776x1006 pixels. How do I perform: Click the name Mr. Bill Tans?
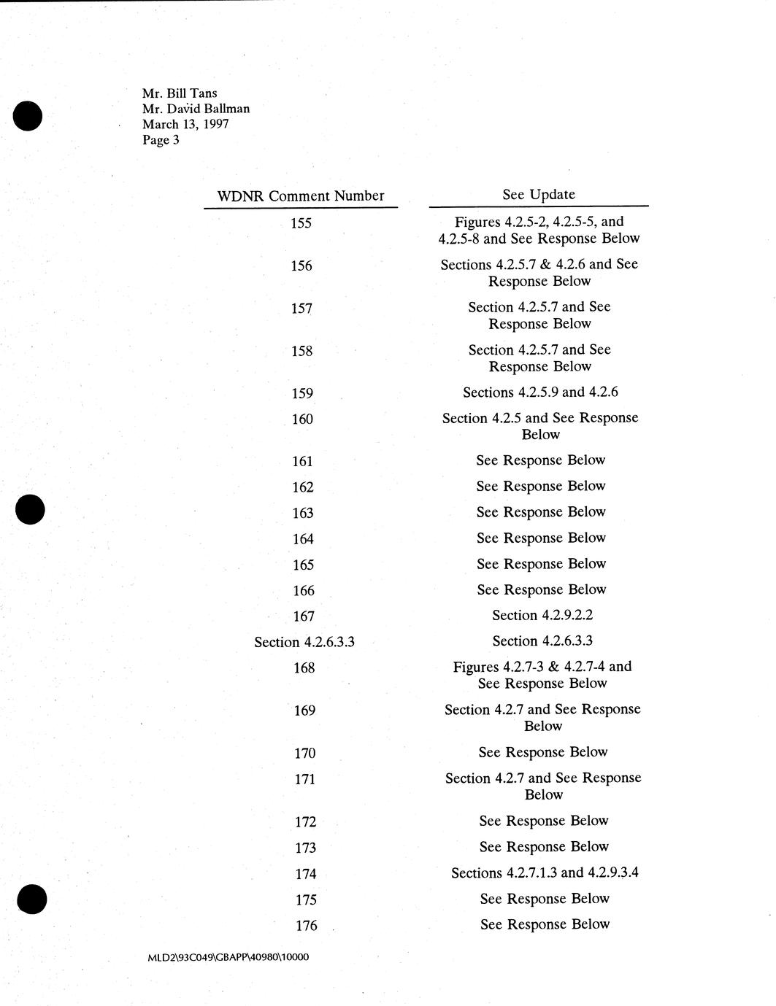coord(180,93)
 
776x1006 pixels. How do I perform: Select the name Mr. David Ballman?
coord(196,109)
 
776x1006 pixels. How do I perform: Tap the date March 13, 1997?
coord(185,124)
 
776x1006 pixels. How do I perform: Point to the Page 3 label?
coord(161,140)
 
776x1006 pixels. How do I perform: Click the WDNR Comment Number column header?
coord(301,196)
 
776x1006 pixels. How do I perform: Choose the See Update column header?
coord(539,194)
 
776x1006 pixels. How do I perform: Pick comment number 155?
coord(301,223)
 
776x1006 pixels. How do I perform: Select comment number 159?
coord(301,394)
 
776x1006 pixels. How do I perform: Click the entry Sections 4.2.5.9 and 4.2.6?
coord(540,392)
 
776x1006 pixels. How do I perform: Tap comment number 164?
coord(303,539)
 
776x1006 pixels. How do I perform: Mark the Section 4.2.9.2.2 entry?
coord(542,615)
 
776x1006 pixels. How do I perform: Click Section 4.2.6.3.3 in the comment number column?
coord(304,642)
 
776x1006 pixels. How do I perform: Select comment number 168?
coord(304,668)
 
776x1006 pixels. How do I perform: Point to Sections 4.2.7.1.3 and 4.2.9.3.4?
coord(545,872)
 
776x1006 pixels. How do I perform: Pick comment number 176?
coord(307,926)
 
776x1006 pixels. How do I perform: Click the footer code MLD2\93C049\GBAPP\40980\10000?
coord(228,956)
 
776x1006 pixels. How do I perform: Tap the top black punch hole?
coord(28,116)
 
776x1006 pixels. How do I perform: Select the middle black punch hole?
coord(30,508)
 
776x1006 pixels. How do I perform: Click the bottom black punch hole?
coord(31,899)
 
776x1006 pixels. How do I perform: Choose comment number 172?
coord(306,822)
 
